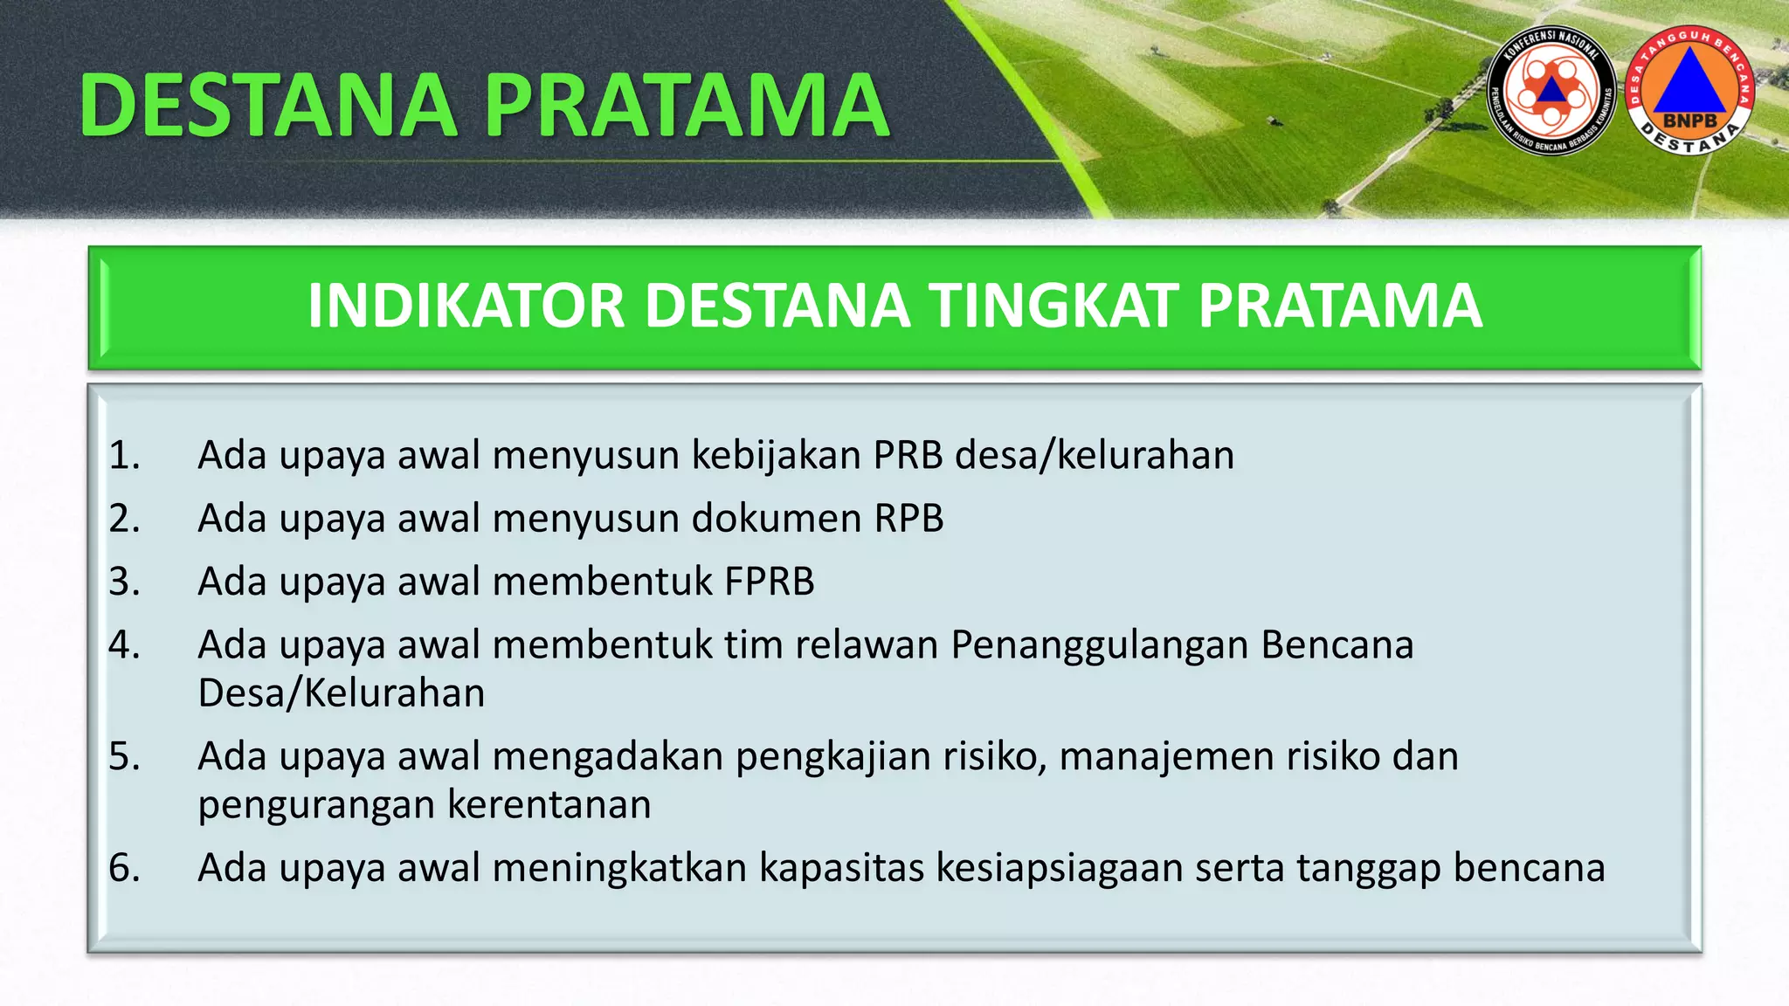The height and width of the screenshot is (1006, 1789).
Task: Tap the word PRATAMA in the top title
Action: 687,106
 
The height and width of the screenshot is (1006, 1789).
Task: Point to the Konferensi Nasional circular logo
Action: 1551,91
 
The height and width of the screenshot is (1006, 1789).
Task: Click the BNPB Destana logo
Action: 1690,91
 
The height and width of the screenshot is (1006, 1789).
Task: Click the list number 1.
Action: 124,456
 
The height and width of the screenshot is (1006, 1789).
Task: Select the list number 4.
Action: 124,645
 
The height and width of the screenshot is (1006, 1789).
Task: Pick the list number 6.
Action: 124,868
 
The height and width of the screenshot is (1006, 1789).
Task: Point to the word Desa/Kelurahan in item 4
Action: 342,693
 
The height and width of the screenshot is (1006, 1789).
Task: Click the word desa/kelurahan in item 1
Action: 1095,456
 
